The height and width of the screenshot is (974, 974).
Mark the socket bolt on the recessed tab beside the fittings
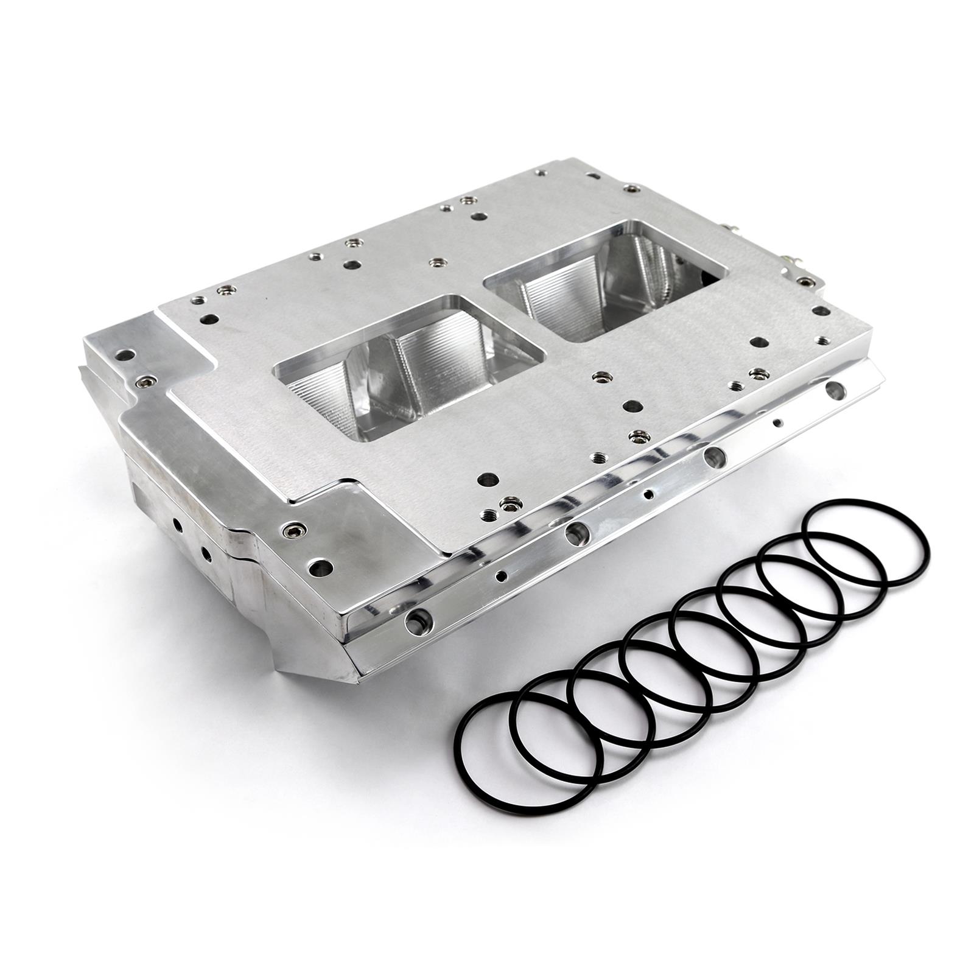click(x=807, y=281)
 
